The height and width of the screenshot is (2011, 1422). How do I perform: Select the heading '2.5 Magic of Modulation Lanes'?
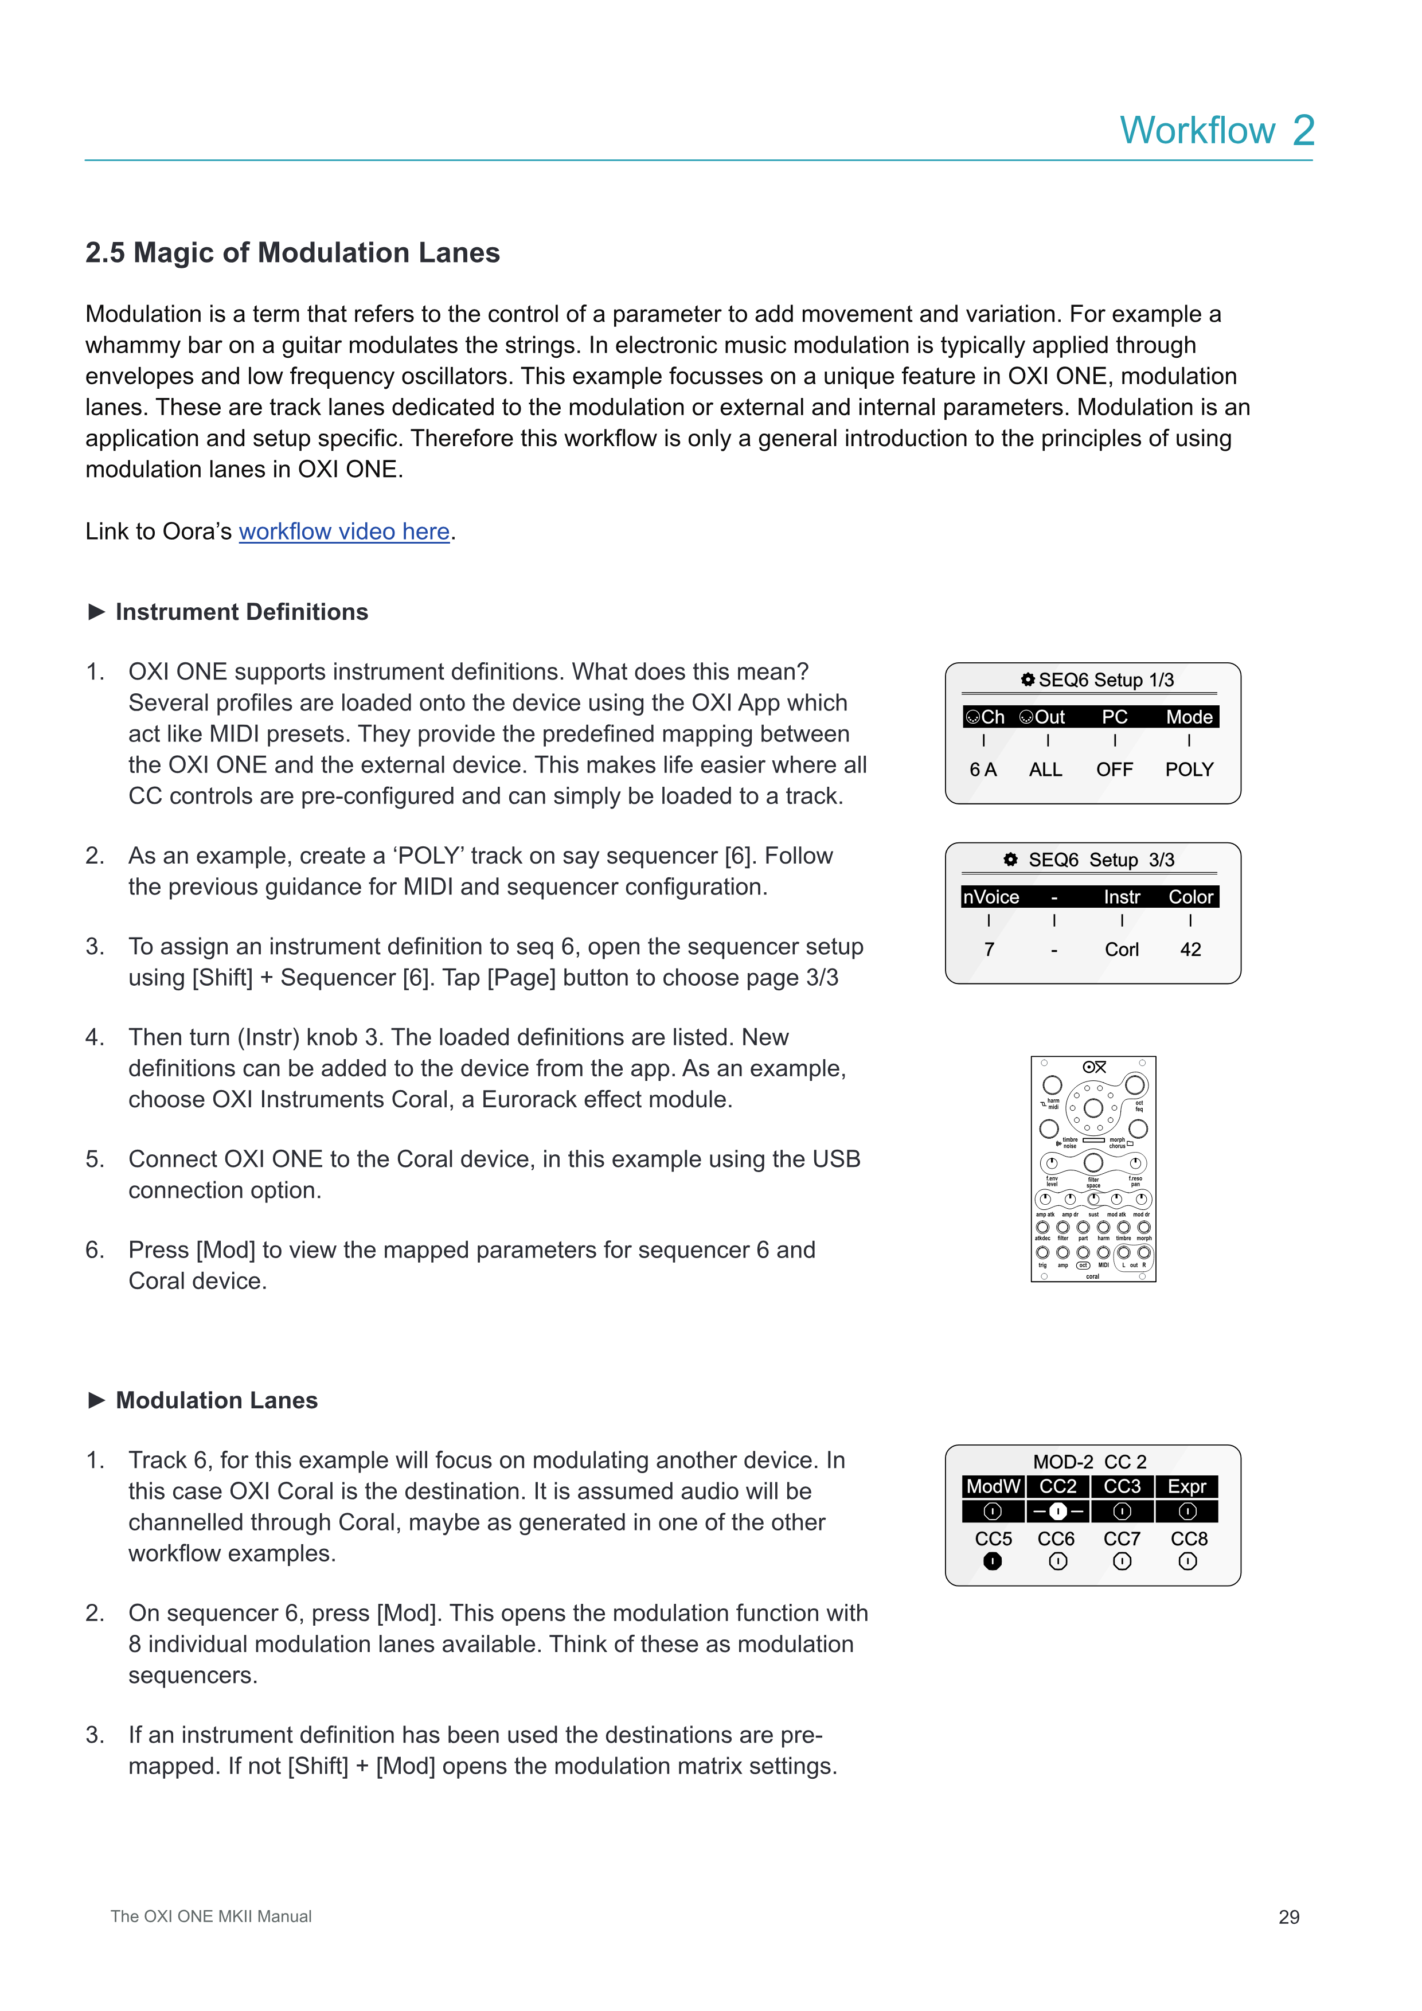292,252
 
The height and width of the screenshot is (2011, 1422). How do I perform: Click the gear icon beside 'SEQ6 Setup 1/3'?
1028,680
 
